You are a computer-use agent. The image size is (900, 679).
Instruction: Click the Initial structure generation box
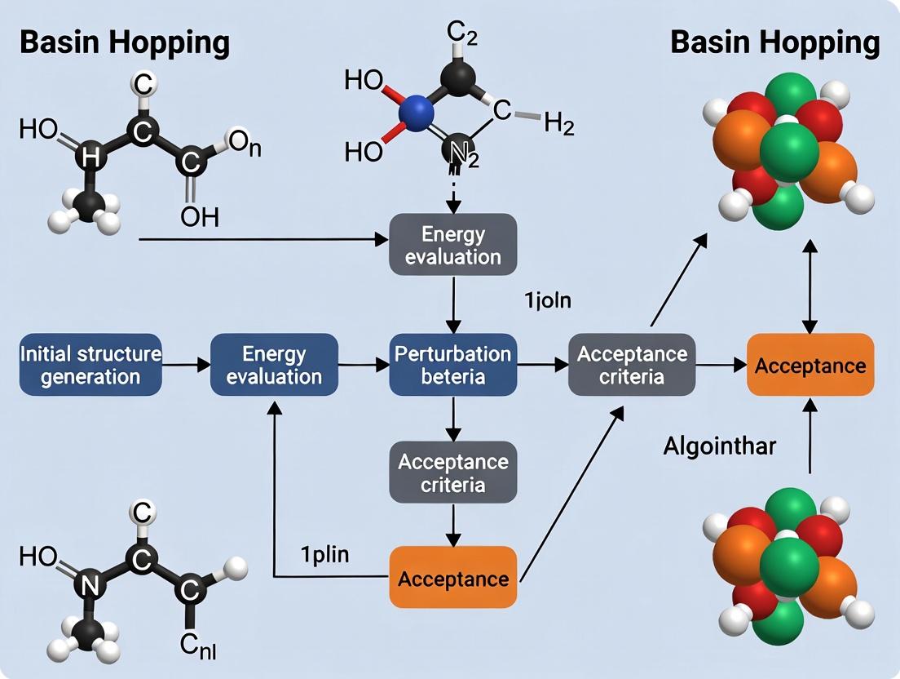90,365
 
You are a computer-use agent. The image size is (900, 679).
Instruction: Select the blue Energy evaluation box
274,365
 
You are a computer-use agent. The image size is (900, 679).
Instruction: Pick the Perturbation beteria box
452,365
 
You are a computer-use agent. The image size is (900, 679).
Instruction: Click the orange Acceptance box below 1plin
452,579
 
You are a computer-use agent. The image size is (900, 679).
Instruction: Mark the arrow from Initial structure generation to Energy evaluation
186,366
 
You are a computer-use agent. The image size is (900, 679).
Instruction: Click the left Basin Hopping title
124,43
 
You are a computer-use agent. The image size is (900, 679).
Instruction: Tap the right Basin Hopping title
774,43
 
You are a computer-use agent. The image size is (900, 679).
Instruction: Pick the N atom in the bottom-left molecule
90,584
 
